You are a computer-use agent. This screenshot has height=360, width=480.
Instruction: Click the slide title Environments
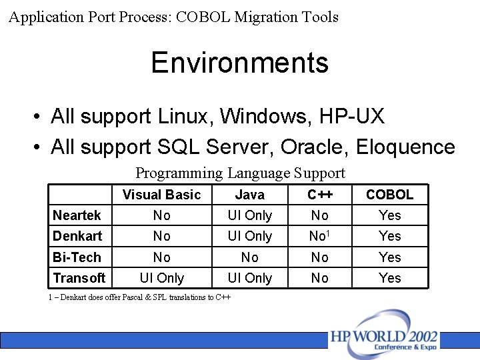(x=239, y=63)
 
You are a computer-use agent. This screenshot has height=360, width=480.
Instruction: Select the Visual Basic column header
(x=161, y=195)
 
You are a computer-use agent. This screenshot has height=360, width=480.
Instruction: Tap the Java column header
(x=249, y=195)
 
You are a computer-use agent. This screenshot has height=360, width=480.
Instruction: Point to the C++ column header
(x=320, y=195)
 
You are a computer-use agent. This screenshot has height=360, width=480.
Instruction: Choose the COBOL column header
(x=389, y=195)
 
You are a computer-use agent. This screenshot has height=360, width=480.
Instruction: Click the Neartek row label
(x=77, y=215)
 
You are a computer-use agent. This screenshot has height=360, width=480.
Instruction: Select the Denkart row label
(x=77, y=236)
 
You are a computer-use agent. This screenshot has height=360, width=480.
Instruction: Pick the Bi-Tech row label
(x=77, y=257)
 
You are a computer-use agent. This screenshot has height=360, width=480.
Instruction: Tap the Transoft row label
(x=79, y=278)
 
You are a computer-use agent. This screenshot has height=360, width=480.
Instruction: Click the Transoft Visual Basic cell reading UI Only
(x=161, y=278)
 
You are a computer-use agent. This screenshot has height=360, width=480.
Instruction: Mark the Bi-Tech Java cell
(x=249, y=257)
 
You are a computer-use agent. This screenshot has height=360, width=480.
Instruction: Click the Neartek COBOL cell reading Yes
(x=389, y=215)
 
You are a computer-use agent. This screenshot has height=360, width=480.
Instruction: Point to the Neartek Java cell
(x=249, y=215)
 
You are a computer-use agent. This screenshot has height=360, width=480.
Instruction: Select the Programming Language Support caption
(x=240, y=173)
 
